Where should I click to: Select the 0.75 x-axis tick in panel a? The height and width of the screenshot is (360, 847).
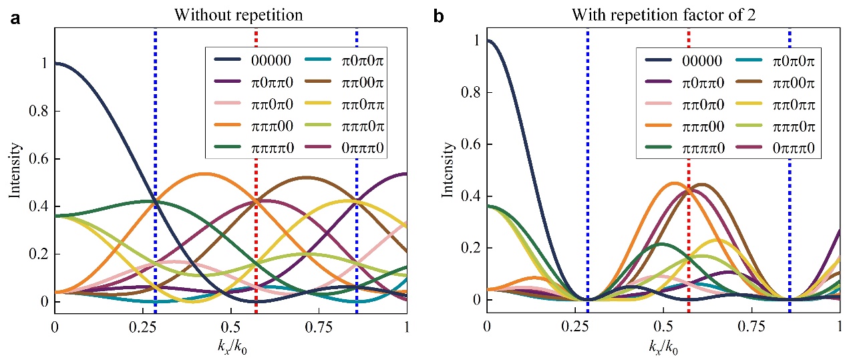[319, 328]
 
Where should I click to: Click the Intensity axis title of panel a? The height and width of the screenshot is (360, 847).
[14, 173]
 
